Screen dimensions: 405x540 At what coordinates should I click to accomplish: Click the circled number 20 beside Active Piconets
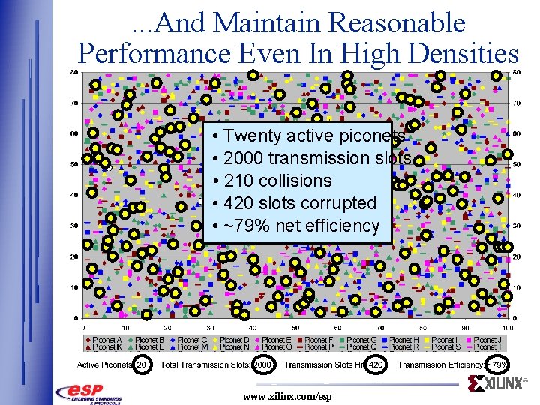(x=141, y=364)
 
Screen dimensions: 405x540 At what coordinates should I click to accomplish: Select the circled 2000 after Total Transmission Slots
(x=263, y=364)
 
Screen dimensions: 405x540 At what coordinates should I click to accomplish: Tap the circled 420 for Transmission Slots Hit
(x=377, y=364)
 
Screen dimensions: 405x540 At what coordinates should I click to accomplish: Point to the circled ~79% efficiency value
(x=498, y=364)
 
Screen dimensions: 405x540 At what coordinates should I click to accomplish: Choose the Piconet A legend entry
(x=109, y=340)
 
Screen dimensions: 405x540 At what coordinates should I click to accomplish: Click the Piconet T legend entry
(x=490, y=347)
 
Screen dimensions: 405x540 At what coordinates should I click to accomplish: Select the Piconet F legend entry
(x=320, y=340)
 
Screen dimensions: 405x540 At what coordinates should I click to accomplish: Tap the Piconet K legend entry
(x=109, y=347)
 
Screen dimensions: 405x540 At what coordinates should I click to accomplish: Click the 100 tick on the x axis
(x=508, y=328)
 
